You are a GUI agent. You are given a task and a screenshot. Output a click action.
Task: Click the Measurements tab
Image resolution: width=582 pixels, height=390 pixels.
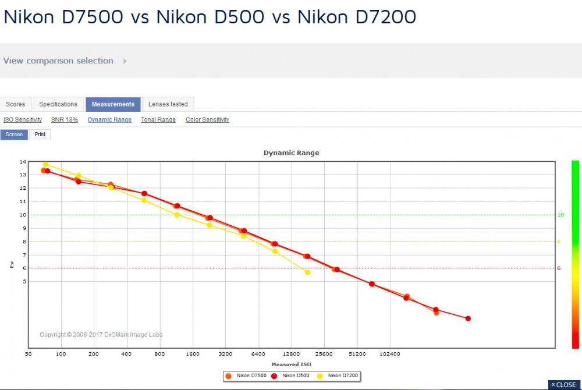113,104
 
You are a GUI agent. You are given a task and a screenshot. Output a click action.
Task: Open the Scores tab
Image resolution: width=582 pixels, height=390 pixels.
16,104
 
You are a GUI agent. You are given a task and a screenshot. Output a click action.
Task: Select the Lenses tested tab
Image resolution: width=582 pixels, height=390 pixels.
168,104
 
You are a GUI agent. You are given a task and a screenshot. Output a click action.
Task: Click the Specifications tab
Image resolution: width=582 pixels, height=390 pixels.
58,104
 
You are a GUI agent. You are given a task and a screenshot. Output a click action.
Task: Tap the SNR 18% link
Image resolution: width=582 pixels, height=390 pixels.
65,119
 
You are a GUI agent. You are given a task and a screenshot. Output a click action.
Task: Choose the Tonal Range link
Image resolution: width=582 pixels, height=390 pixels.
158,119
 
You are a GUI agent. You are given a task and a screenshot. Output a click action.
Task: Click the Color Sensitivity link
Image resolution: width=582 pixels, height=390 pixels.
208,119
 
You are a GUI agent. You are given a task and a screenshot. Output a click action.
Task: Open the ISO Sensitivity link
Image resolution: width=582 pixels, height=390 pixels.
23,119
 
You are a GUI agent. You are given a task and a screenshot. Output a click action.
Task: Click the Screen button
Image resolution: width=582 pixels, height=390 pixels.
14,134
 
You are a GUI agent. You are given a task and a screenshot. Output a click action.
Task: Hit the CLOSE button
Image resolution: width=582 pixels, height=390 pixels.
564,385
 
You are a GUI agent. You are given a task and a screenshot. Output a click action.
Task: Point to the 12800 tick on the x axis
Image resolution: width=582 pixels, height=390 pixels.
292,354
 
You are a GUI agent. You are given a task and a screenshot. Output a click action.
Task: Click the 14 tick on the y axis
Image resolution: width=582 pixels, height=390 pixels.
23,162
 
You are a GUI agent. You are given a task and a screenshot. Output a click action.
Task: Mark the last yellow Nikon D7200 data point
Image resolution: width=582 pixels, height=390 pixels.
308,272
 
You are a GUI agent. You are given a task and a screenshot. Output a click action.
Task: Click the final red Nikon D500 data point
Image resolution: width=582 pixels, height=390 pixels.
468,318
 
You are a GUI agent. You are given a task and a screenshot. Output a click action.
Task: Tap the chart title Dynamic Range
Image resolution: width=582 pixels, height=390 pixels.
292,153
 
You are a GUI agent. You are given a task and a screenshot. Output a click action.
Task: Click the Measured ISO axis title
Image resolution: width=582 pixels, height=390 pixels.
292,364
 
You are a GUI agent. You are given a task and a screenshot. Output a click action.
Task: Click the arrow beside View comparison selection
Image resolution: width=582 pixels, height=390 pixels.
125,61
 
